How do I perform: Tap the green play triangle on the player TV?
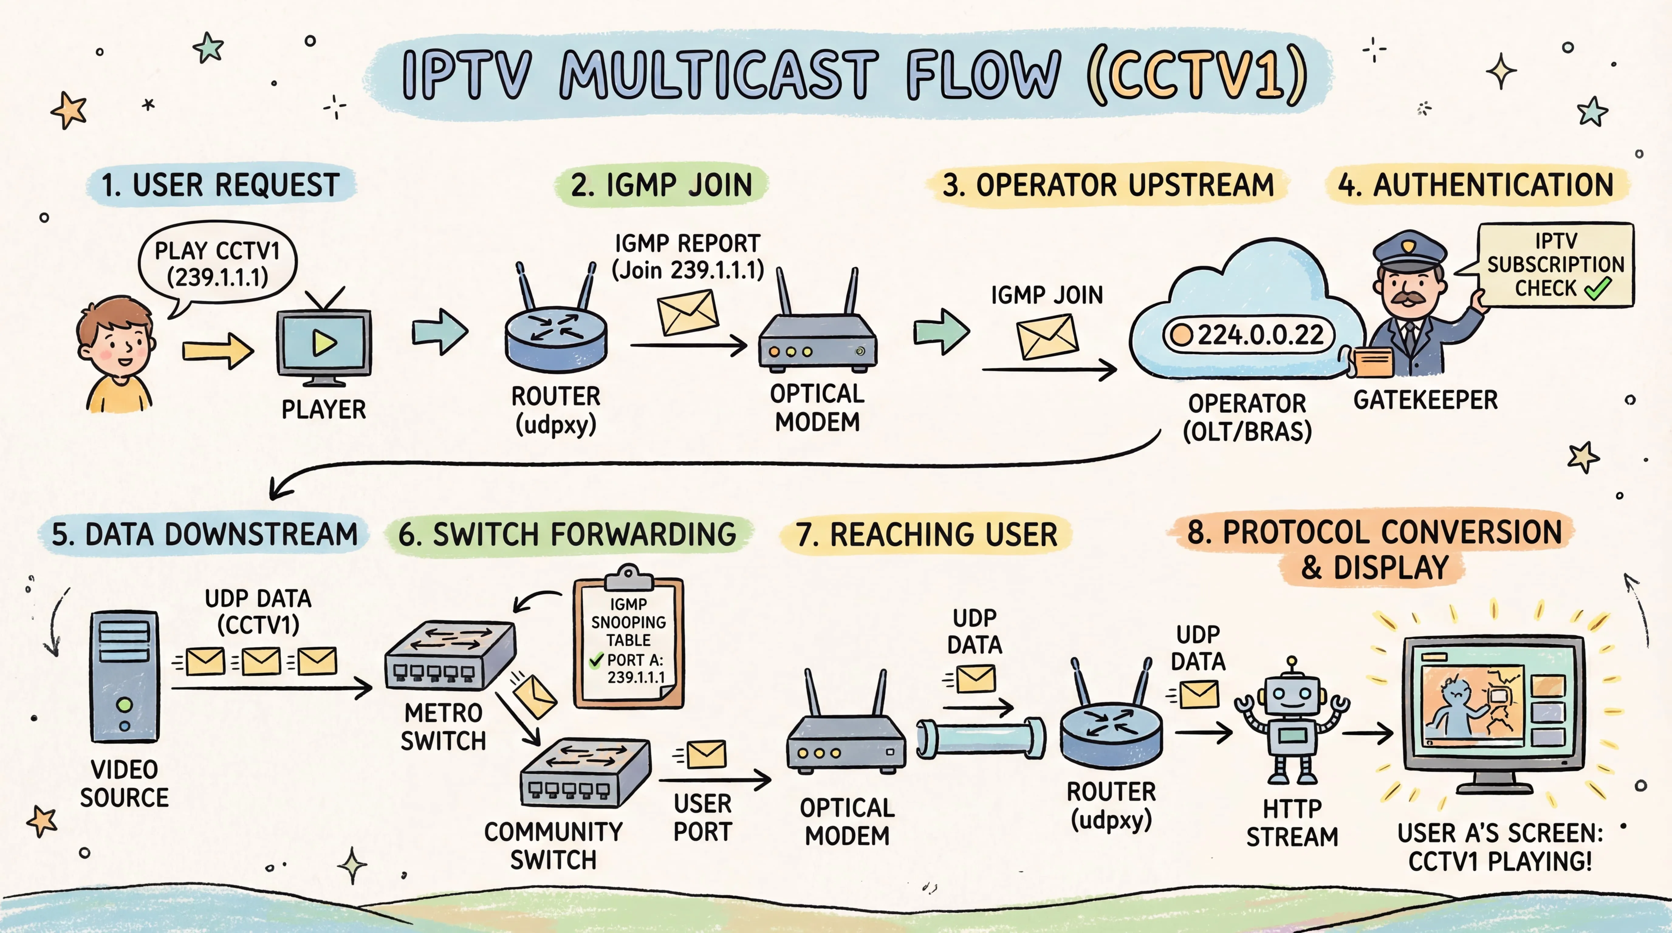coord(324,343)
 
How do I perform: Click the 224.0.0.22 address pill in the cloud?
coord(1248,335)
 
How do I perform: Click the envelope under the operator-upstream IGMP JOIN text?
coord(1046,336)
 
